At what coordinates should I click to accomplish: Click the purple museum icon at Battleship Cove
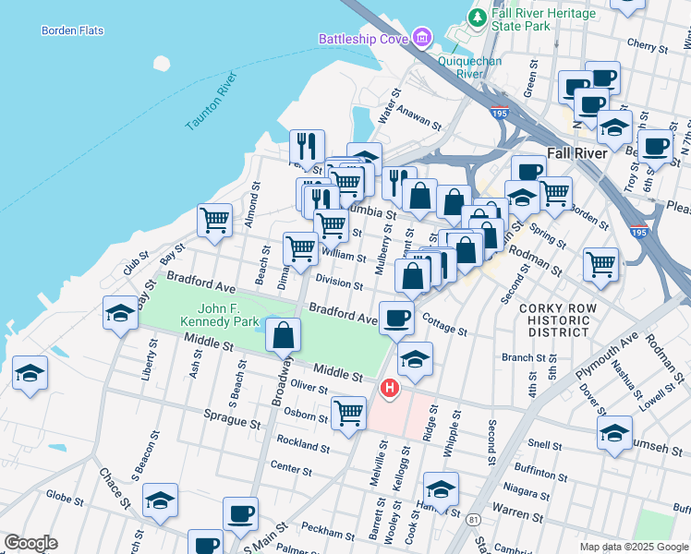422,38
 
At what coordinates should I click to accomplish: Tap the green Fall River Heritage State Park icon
477,17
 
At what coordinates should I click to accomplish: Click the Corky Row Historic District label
553,319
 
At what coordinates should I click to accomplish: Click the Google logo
30,543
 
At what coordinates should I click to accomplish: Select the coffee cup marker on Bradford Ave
397,318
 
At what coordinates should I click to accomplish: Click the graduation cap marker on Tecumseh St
614,432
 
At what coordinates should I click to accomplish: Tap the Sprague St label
232,423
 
